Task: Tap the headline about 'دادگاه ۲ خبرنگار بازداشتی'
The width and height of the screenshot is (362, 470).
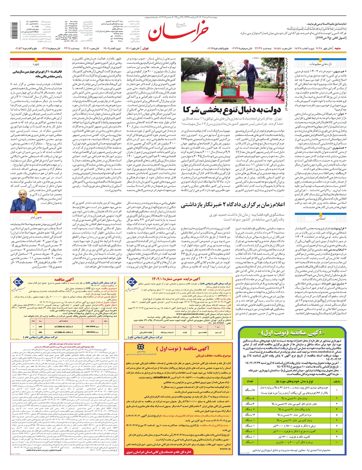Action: tap(233, 205)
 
